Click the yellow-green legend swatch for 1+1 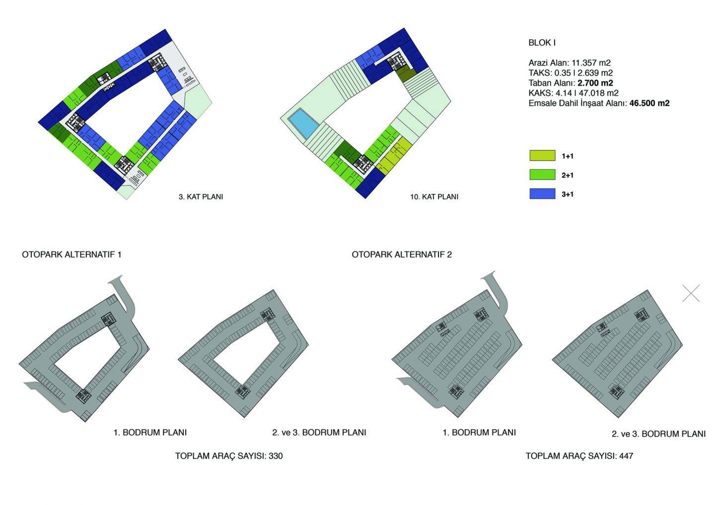point(542,155)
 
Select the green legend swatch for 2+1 point(542,175)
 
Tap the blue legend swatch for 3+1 point(542,193)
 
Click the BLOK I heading point(542,43)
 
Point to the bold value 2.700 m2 point(595,83)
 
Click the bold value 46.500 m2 point(649,103)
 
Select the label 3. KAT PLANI point(201,197)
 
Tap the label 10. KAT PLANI point(434,197)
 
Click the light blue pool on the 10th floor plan point(303,124)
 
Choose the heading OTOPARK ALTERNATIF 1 point(71,254)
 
